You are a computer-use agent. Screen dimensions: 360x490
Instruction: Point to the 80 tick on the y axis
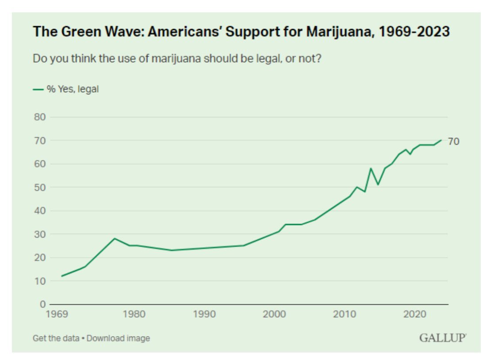(x=40, y=117)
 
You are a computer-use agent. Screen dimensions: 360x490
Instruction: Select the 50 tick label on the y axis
(x=40, y=188)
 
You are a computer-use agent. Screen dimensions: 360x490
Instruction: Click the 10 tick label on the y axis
(x=40, y=281)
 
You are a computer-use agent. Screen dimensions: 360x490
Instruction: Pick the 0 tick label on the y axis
(x=42, y=304)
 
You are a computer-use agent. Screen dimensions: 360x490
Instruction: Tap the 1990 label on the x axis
(x=204, y=314)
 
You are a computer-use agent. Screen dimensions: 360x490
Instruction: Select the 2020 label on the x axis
(x=414, y=314)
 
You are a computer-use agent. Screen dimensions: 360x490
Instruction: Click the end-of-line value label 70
(x=453, y=142)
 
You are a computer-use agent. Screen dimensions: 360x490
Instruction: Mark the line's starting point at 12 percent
(x=62, y=276)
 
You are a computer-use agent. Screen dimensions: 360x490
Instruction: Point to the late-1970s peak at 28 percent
(x=115, y=238)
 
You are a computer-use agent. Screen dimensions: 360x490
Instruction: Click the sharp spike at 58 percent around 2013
(x=371, y=169)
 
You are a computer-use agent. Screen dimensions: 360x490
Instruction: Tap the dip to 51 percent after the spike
(x=378, y=184)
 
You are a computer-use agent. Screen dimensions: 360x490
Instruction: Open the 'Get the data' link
(x=56, y=338)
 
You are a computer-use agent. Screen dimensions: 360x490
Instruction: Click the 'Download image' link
(x=118, y=338)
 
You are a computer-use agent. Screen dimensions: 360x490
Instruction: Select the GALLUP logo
(x=442, y=338)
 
